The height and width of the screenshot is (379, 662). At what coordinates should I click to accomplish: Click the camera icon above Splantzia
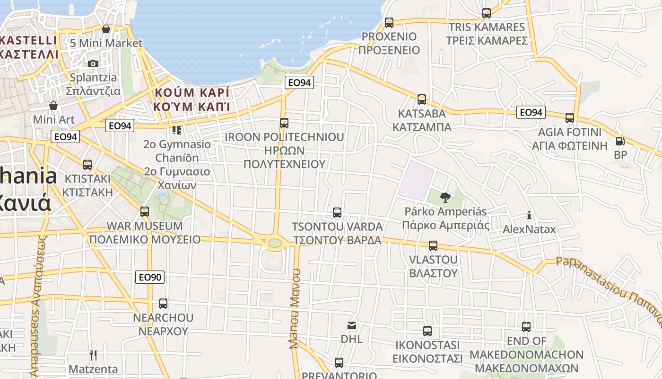[93, 63]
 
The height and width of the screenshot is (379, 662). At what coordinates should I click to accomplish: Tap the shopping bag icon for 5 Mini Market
[106, 29]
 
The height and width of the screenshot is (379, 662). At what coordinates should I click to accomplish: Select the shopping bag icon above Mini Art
[53, 105]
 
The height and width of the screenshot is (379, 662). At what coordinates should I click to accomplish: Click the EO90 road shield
[150, 277]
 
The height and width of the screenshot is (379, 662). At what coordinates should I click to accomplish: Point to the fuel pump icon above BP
[620, 141]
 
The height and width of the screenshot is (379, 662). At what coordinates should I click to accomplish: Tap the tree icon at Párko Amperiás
[444, 197]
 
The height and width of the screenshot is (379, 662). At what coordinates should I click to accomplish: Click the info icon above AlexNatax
[529, 216]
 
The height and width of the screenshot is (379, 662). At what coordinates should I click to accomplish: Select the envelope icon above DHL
[352, 325]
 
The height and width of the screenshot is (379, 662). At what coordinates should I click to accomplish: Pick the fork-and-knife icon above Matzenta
[93, 355]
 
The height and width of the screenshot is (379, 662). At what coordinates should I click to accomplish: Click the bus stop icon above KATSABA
[422, 99]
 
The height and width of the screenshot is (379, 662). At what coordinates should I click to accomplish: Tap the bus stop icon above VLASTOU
[433, 246]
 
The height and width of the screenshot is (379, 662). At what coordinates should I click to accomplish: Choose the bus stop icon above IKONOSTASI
[427, 331]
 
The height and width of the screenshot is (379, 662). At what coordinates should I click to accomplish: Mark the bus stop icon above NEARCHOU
[163, 303]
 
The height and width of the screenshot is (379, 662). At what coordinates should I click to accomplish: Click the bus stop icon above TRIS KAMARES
[487, 13]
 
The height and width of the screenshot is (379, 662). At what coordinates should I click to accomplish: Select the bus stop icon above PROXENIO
[389, 22]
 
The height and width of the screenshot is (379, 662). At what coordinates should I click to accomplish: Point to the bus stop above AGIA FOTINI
[570, 117]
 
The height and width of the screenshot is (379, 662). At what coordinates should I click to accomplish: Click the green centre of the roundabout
[274, 243]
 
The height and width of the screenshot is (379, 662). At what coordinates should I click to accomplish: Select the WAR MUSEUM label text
[145, 226]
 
